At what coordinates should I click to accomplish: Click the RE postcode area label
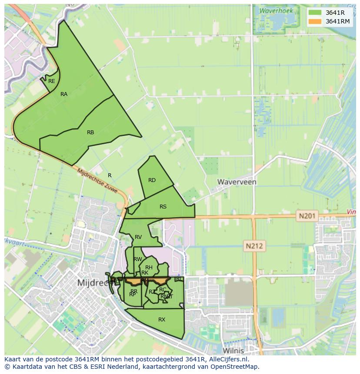pos(52,81)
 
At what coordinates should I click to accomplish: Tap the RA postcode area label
pos(64,94)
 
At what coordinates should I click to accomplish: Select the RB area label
pos(90,132)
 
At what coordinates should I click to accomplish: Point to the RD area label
pos(152,180)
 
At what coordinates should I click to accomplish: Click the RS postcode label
pos(163,206)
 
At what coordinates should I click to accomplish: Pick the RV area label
pos(138,237)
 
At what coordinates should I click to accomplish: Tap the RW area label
pos(138,259)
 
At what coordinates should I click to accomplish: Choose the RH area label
pos(149,267)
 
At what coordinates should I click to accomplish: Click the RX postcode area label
pos(162,319)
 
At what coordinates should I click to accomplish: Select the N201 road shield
pos(308,215)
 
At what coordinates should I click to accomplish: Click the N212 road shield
pos(254,246)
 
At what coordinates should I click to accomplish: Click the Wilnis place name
pos(233,350)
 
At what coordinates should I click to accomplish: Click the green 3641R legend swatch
pos(315,13)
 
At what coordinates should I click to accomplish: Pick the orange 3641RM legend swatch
pos(315,21)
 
